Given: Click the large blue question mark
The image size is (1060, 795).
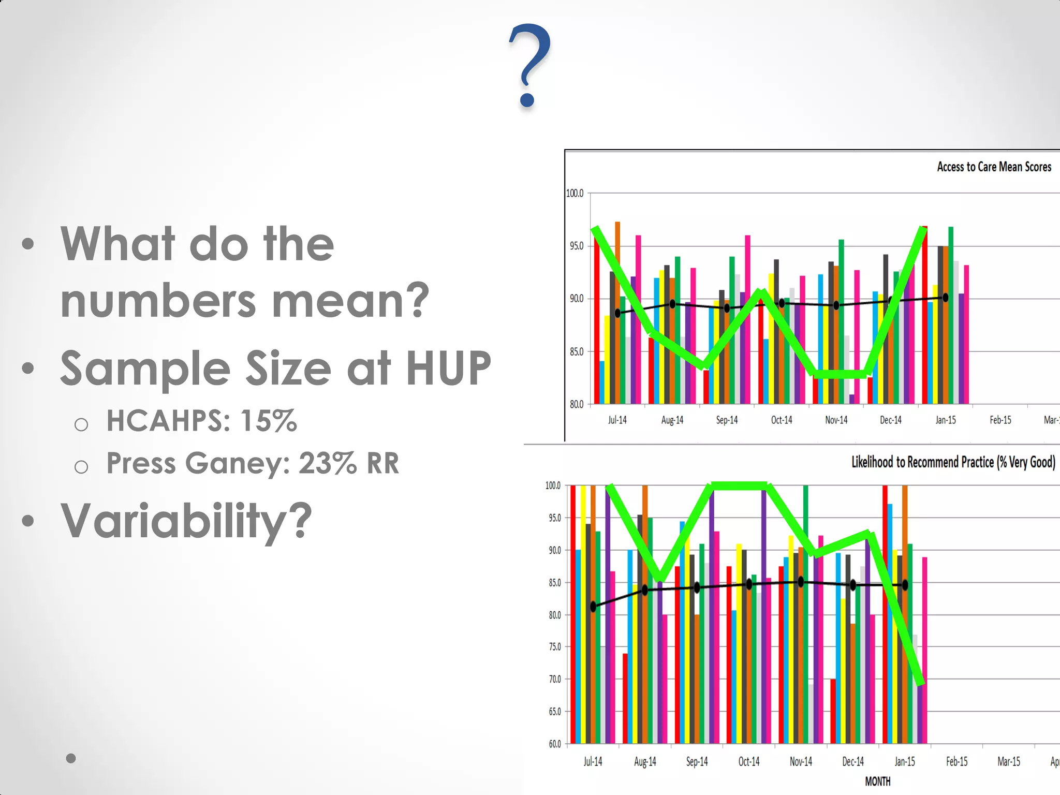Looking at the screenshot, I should (x=529, y=65).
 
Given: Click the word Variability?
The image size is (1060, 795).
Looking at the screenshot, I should (x=186, y=521).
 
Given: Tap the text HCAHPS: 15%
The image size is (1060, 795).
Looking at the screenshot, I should (x=201, y=420).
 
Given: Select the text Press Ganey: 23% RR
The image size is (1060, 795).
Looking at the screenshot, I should (x=253, y=463).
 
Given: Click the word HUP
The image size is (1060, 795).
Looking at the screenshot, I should (x=448, y=369).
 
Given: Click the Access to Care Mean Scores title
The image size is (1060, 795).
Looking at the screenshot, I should (x=994, y=167).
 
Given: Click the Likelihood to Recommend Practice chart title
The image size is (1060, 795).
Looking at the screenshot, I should (x=953, y=462).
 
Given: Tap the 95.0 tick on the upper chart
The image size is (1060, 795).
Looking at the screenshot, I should (x=576, y=246).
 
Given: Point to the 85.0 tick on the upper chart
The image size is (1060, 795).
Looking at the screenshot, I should (x=576, y=351).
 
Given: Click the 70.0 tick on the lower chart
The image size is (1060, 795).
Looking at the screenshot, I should (x=554, y=679).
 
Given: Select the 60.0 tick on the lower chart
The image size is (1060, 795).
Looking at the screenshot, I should (x=554, y=744).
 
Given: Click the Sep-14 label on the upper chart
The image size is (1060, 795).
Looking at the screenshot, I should (x=727, y=420).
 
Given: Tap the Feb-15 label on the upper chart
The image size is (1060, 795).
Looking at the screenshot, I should (x=1000, y=420).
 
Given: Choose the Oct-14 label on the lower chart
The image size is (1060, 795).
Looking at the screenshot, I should (x=748, y=761).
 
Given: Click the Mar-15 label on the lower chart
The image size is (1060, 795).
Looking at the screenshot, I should (x=1008, y=761).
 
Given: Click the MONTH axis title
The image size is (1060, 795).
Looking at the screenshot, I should (x=878, y=781).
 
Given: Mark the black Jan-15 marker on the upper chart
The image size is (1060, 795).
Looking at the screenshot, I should (x=946, y=298).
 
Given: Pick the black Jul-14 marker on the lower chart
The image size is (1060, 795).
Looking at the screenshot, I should (x=593, y=607).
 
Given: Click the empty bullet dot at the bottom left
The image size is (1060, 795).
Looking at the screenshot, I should (x=71, y=758).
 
